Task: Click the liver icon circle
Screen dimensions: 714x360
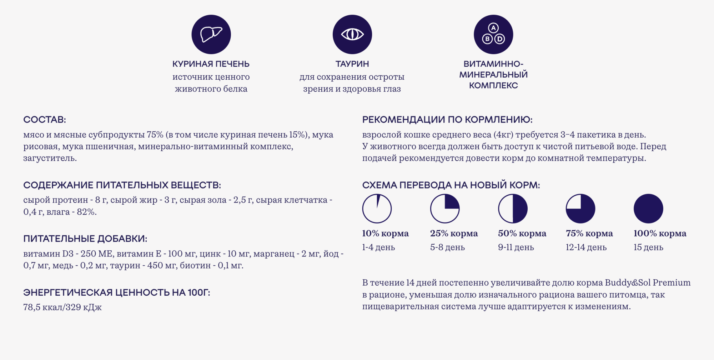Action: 211,35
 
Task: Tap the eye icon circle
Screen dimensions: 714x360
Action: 352,35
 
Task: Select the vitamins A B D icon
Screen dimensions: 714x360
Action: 493,35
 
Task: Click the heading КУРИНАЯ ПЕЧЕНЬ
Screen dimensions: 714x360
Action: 211,64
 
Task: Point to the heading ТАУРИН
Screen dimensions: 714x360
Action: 352,64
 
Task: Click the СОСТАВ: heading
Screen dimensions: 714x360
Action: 45,120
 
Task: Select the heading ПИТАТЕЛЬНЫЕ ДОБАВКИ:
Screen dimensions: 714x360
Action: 85,239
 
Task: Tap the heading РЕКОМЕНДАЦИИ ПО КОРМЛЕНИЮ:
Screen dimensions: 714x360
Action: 447,120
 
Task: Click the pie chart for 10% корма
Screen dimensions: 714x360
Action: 377,209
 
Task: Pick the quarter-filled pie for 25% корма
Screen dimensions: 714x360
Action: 445,209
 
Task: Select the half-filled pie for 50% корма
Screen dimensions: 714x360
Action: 513,209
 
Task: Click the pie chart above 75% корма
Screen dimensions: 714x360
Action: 580,209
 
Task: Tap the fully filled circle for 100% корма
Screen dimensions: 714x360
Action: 648,209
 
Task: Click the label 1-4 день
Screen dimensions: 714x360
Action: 378,247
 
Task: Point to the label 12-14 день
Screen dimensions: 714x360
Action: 586,247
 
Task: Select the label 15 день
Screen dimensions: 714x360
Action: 648,247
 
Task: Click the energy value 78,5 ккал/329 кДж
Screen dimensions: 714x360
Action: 62,307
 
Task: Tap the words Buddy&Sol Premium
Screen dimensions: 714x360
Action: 648,282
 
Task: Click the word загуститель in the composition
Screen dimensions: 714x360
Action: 50,158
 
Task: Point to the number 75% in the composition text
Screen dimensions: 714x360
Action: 155,135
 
